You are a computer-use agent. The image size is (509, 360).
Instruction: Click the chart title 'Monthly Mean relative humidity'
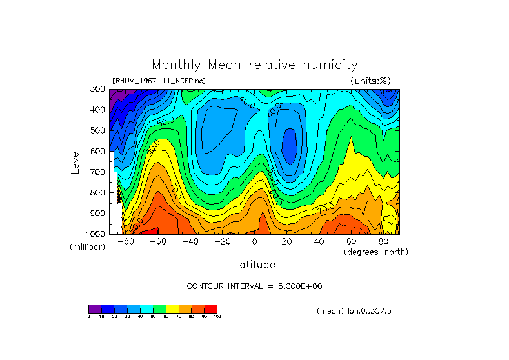254,65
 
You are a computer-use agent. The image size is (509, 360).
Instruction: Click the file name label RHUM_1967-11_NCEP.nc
159,81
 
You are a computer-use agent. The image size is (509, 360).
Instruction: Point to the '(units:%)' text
370,81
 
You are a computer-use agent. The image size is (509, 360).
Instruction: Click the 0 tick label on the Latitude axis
255,241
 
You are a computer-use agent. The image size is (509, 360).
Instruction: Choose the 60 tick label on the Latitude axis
352,241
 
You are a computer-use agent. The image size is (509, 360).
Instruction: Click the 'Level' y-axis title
75,161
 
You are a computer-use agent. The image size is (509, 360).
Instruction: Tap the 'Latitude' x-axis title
254,265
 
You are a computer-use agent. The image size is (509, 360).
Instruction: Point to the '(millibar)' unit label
87,247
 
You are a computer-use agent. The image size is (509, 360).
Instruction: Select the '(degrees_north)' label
376,251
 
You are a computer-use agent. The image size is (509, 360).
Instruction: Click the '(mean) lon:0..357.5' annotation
354,310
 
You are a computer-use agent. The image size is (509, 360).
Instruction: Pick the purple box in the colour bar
95,308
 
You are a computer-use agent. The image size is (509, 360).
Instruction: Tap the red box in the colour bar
211,308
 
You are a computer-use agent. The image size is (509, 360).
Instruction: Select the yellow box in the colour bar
172,308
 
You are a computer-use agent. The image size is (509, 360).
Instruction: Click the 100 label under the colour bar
217,316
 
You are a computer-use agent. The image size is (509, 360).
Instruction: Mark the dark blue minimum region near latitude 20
290,145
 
